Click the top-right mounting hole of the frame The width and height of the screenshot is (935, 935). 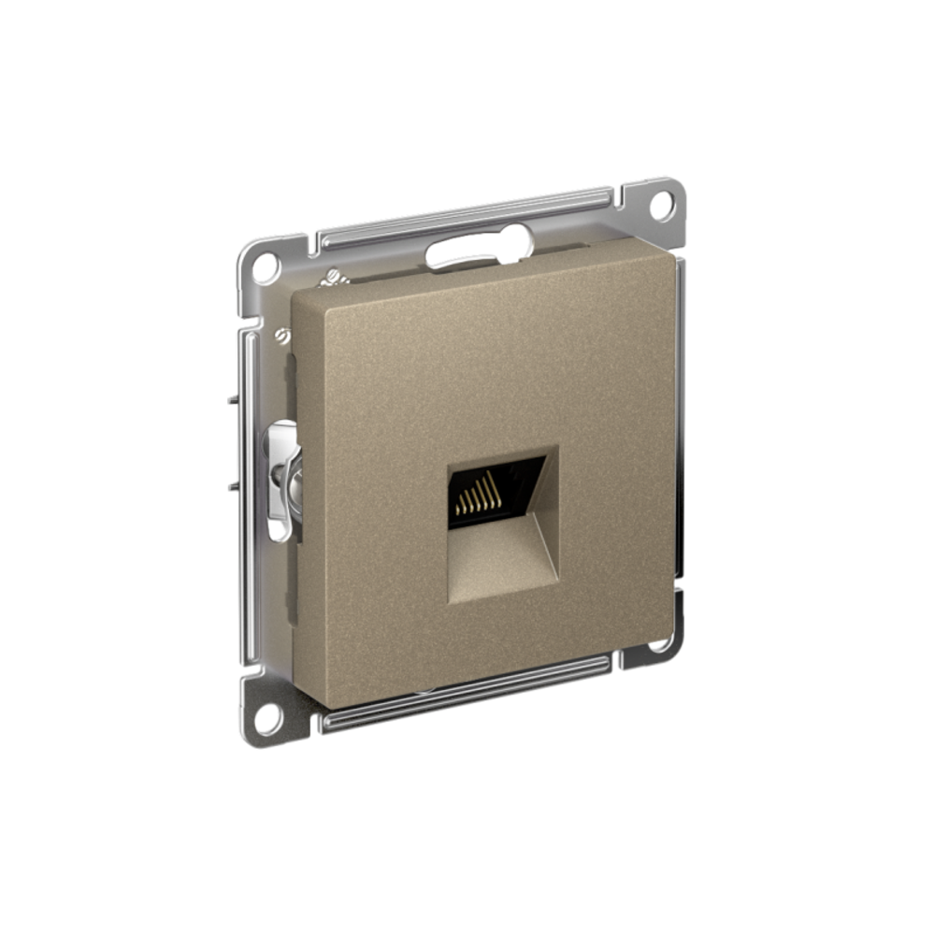click(662, 205)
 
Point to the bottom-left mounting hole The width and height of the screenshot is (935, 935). click(266, 718)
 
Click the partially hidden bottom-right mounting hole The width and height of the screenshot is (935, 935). click(660, 643)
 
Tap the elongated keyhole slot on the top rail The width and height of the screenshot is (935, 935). click(477, 250)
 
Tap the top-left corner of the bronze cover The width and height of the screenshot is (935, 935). click(297, 292)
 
